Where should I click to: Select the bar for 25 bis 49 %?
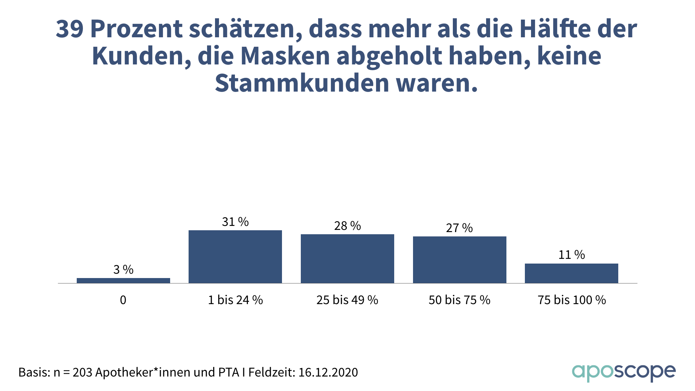pyautogui.click(x=347, y=258)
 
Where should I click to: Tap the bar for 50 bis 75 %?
pyautogui.click(x=459, y=260)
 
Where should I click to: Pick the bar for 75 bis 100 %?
pyautogui.click(x=572, y=273)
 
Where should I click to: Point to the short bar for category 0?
pyautogui.click(x=123, y=280)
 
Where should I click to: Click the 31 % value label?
pyautogui.click(x=235, y=222)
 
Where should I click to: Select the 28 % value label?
pyautogui.click(x=347, y=226)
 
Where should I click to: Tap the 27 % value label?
pyautogui.click(x=459, y=228)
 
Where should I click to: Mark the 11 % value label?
pyautogui.click(x=572, y=255)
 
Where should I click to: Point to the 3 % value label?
pyautogui.click(x=123, y=270)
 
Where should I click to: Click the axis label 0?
pyautogui.click(x=123, y=300)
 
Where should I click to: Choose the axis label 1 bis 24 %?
pyautogui.click(x=235, y=300)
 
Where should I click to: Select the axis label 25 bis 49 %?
pyautogui.click(x=347, y=300)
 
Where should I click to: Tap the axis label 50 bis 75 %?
pyautogui.click(x=459, y=300)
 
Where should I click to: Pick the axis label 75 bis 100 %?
pyautogui.click(x=572, y=300)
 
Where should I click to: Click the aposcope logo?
pyautogui.click(x=624, y=373)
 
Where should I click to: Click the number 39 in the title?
pyautogui.click(x=70, y=29)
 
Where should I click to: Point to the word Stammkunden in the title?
pyautogui.click(x=302, y=83)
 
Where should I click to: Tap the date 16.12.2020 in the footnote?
pyautogui.click(x=328, y=372)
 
